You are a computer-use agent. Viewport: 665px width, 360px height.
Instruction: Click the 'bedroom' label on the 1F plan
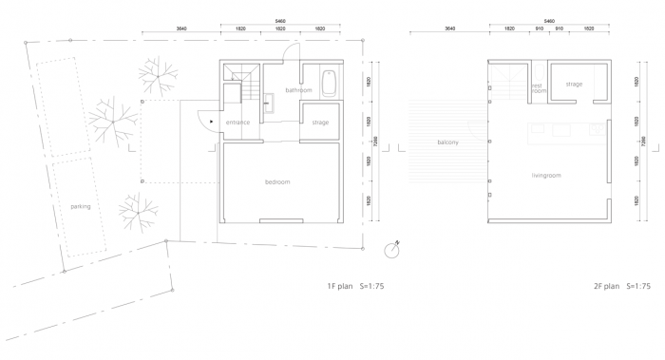[277, 181]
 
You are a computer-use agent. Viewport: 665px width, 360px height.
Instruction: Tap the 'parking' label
[81, 206]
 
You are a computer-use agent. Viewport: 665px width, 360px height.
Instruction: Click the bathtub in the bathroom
[329, 83]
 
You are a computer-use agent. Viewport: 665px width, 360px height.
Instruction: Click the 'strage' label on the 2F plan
[574, 85]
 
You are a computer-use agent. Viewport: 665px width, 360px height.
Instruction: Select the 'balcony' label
[447, 142]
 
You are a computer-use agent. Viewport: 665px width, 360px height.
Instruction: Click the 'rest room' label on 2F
[538, 87]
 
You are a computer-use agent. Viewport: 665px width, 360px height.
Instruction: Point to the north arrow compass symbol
[390, 251]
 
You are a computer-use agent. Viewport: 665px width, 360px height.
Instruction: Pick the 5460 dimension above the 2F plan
[549, 19]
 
